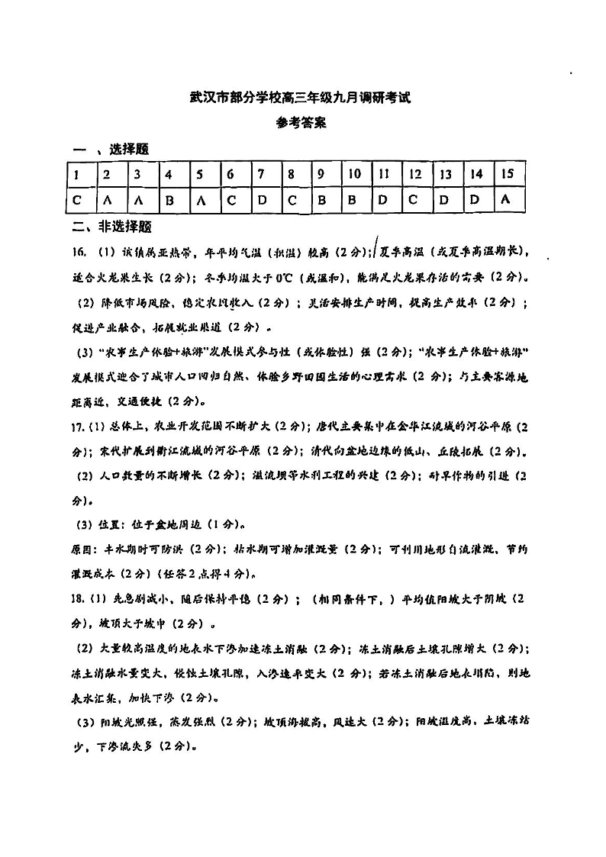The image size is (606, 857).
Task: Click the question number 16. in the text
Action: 79,252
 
